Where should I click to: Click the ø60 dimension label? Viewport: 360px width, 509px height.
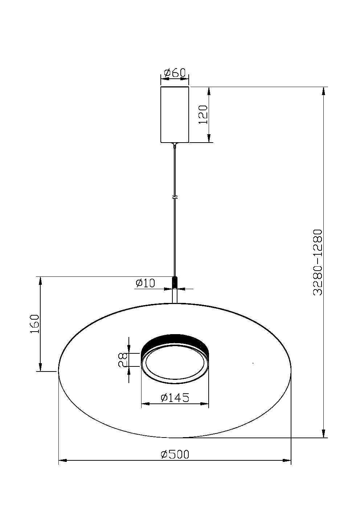click(175, 73)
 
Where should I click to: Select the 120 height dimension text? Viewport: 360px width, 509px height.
click(204, 115)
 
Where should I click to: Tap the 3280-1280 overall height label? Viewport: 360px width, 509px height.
click(318, 262)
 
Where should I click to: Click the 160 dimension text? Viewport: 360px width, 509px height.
click(34, 324)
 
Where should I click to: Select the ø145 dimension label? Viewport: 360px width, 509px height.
click(175, 398)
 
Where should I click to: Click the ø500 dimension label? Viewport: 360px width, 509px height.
click(175, 454)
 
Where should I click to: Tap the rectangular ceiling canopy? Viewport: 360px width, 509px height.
click(175, 115)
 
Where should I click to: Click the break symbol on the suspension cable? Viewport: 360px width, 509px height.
click(175, 198)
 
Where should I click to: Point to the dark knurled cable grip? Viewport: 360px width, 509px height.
click(175, 282)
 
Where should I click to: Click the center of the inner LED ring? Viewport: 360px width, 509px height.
click(175, 363)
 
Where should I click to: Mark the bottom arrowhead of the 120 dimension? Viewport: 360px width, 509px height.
click(209, 138)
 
